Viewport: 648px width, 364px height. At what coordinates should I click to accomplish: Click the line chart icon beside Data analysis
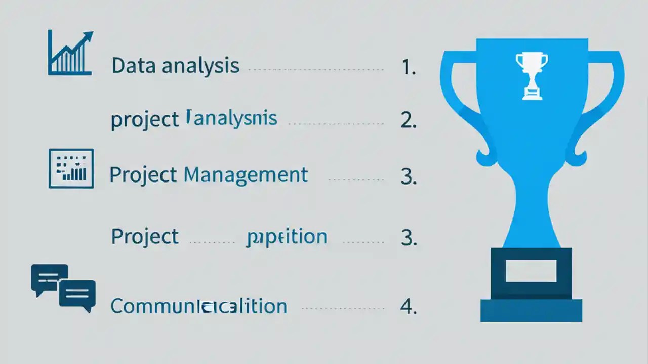(70, 53)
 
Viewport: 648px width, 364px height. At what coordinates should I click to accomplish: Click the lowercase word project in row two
(144, 120)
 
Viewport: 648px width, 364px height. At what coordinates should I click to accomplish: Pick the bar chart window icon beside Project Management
(71, 168)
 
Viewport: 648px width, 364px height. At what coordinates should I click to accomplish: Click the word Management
(246, 175)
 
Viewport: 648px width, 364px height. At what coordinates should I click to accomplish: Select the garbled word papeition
(286, 237)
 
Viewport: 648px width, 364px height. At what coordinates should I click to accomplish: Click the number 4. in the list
(408, 307)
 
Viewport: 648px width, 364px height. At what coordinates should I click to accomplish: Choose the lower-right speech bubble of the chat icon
(77, 294)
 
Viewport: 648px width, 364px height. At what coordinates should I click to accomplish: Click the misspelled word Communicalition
(198, 307)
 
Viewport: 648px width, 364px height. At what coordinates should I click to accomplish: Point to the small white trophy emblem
(532, 76)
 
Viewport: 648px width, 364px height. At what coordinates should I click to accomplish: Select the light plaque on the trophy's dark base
(531, 270)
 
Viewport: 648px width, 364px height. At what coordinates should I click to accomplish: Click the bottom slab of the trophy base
(531, 310)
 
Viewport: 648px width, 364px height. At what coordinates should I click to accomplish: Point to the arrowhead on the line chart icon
(89, 36)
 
